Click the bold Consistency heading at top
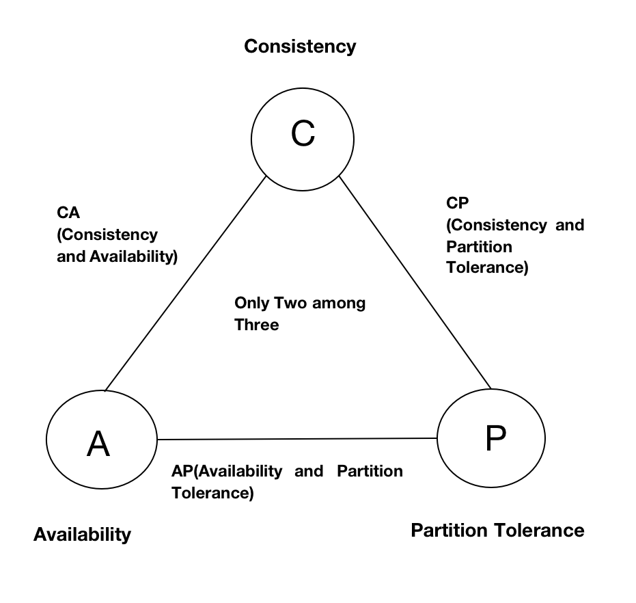[300, 46]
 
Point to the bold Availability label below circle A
[82, 534]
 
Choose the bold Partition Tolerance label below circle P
[497, 531]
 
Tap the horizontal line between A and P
[296, 439]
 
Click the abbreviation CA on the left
[68, 213]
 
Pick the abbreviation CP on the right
[457, 203]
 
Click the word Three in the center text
[257, 325]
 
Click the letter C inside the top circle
[303, 135]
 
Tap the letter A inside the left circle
[99, 444]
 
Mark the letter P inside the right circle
[495, 438]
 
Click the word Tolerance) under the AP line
[212, 493]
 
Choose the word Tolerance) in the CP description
[487, 267]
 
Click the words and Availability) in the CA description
[117, 257]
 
